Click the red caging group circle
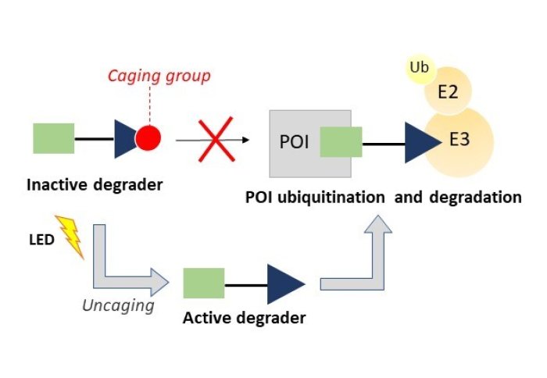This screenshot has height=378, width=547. [x=148, y=139]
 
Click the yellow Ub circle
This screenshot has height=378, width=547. [x=420, y=69]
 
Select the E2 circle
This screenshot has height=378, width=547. [x=447, y=94]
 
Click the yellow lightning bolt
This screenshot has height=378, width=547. [x=69, y=236]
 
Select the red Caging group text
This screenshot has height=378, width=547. [x=170, y=76]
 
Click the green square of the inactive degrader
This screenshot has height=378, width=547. [x=53, y=138]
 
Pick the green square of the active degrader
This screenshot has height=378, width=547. [x=204, y=283]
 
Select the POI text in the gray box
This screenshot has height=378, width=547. [x=295, y=142]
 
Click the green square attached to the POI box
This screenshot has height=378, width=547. [x=341, y=143]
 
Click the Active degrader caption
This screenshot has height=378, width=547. [x=244, y=318]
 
